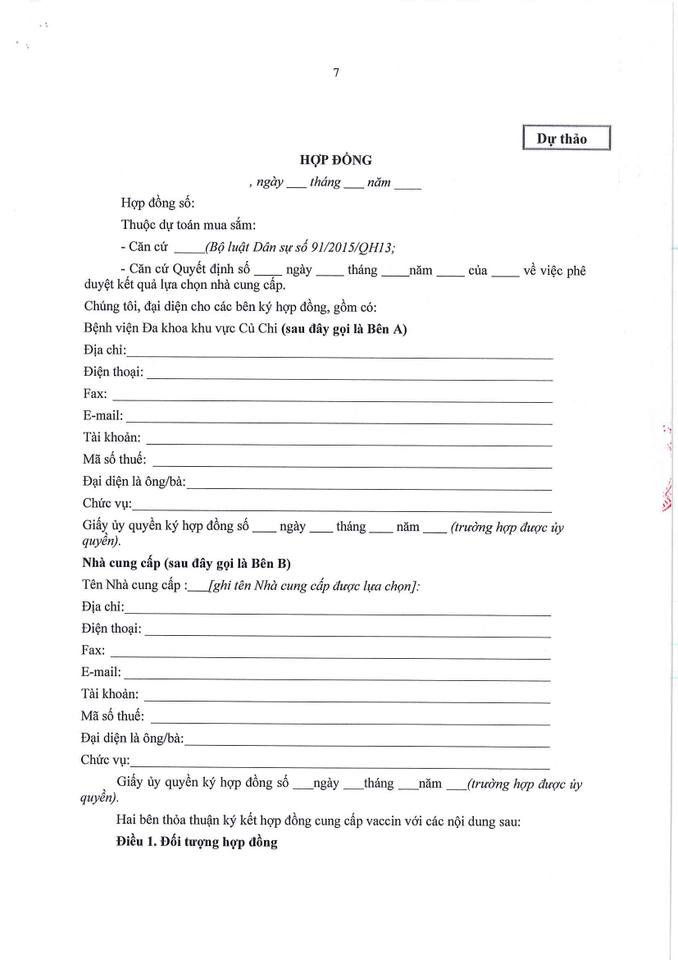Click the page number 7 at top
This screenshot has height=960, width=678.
pyautogui.click(x=336, y=73)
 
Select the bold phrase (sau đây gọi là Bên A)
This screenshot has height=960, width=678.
pyautogui.click(x=344, y=330)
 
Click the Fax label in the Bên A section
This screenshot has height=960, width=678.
pyautogui.click(x=95, y=395)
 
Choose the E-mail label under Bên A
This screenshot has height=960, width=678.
pyautogui.click(x=102, y=416)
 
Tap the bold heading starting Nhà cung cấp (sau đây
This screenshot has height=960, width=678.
pyautogui.click(x=186, y=564)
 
